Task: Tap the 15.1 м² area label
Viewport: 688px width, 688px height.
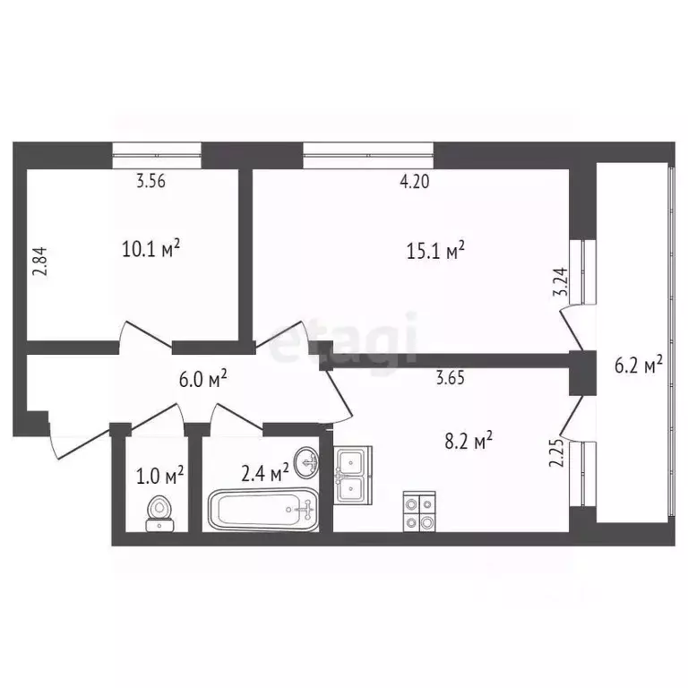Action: pos(436,252)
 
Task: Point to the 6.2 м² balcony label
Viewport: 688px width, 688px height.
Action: pos(639,364)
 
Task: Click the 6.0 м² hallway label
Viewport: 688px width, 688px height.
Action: pos(202,379)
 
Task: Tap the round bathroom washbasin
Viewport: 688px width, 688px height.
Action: pos(307,462)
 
